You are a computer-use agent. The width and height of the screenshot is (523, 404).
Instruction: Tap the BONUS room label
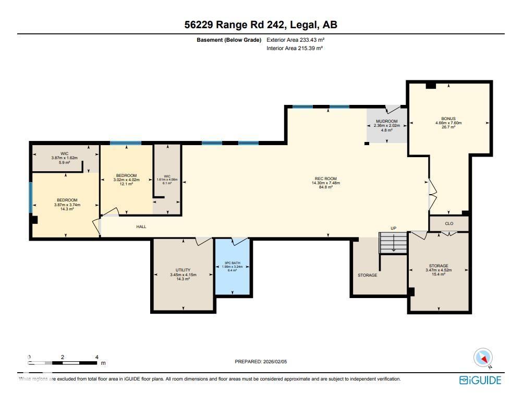(x=448, y=118)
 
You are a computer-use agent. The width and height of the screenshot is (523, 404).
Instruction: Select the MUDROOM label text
(x=386, y=121)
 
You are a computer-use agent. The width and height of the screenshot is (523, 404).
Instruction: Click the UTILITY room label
(x=179, y=270)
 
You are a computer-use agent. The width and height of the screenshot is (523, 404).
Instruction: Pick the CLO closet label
(x=449, y=223)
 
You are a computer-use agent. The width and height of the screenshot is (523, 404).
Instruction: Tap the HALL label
(x=141, y=227)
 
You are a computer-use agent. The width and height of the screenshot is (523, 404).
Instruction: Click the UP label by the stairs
(x=394, y=229)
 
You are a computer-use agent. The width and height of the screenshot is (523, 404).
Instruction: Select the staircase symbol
(x=393, y=243)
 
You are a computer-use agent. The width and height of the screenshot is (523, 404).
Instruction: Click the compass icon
(x=483, y=358)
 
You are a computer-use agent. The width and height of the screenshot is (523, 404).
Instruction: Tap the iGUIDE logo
(x=480, y=380)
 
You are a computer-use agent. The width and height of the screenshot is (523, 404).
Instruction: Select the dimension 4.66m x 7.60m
(x=448, y=123)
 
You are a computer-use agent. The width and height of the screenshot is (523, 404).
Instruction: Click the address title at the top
(x=261, y=25)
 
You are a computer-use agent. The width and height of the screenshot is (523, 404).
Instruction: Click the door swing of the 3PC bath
(x=239, y=241)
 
